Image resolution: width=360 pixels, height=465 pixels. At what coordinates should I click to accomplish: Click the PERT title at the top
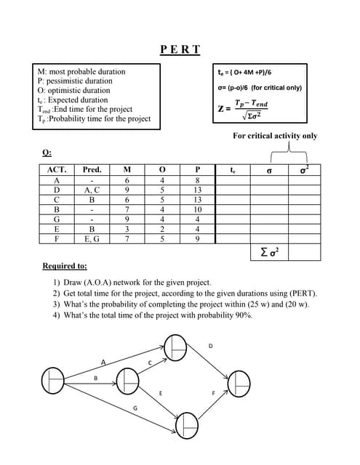[x=180, y=49]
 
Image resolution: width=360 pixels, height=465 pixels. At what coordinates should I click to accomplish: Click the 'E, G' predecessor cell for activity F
[x=92, y=238]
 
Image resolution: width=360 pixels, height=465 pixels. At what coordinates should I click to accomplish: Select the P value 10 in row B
[x=197, y=209]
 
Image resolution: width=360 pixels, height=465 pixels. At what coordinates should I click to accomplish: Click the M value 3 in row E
[x=127, y=228]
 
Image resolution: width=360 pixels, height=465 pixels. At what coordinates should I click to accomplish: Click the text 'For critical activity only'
[x=275, y=136]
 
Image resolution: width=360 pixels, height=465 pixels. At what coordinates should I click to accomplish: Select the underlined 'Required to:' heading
[x=65, y=267]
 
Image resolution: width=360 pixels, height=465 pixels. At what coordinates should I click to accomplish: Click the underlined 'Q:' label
[x=47, y=152]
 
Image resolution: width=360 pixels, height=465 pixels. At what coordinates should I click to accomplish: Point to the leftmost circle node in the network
[x=55, y=380]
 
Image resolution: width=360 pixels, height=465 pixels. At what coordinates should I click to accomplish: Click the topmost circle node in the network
[x=175, y=346]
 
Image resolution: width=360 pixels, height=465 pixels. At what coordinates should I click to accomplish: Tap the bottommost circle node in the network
[x=186, y=424]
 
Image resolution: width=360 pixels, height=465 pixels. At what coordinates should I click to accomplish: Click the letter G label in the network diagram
[x=135, y=409]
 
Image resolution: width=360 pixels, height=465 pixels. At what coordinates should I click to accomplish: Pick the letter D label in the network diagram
[x=211, y=346]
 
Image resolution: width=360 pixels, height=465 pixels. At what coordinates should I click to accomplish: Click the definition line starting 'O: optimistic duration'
[x=74, y=91]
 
